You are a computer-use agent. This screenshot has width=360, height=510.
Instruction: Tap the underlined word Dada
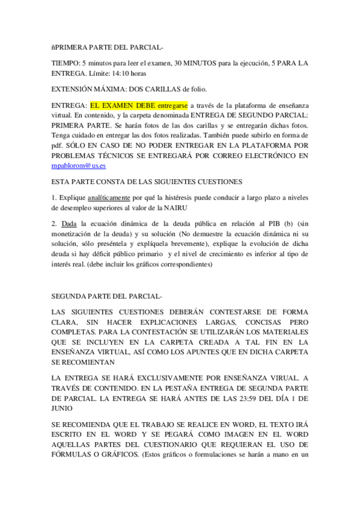(x=70, y=223)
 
